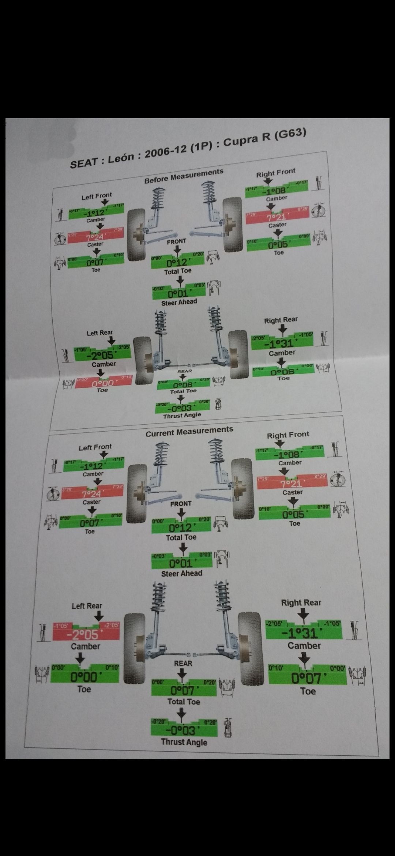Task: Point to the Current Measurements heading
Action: click(x=189, y=432)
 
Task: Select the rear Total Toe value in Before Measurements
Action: click(x=183, y=385)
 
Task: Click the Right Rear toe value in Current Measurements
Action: click(x=306, y=678)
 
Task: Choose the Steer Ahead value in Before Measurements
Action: click(x=178, y=293)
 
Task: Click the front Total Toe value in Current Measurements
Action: click(x=181, y=528)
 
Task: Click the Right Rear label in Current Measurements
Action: click(x=301, y=602)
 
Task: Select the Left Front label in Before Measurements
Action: click(x=97, y=196)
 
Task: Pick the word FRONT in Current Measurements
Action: click(x=181, y=504)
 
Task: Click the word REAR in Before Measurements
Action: click(x=184, y=371)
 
